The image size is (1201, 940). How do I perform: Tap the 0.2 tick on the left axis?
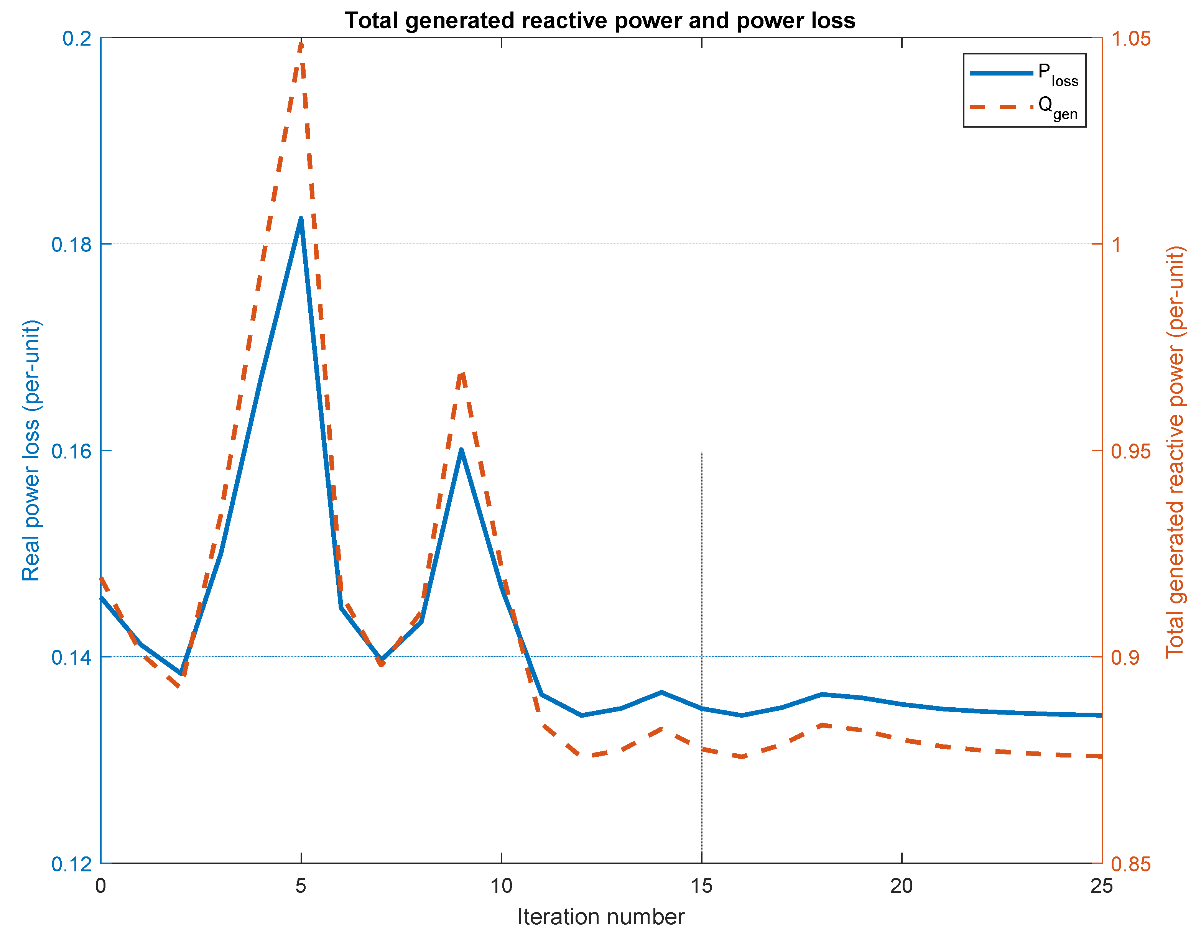click(77, 38)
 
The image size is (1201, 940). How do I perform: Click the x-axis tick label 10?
click(501, 886)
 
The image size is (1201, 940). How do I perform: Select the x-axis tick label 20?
click(902, 886)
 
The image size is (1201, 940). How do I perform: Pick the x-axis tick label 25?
click(1101, 886)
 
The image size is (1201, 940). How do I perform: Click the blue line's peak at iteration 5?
click(301, 219)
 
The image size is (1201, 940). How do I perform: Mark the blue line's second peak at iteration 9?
click(461, 450)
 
